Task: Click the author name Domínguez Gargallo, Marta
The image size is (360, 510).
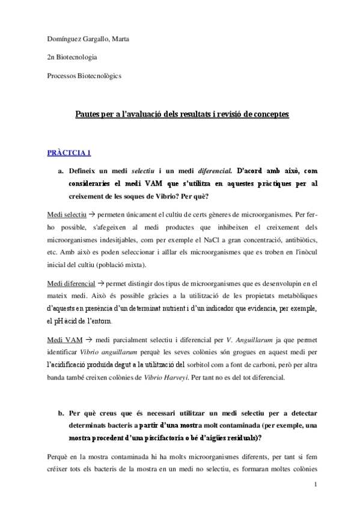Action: point(88,40)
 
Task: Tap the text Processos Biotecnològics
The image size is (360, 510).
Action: point(84,76)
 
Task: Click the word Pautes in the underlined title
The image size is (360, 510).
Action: point(88,113)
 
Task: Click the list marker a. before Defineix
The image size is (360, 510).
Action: point(61,171)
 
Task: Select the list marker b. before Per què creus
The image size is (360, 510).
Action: point(61,414)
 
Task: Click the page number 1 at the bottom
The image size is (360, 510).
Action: point(314,485)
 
